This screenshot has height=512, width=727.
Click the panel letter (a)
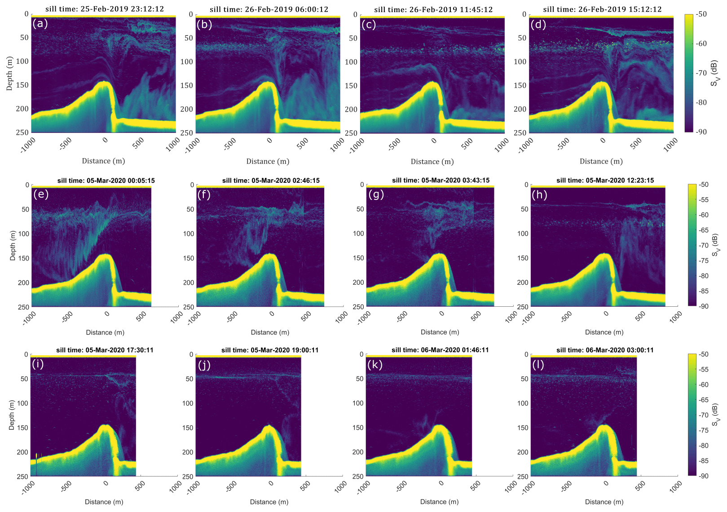coord(40,24)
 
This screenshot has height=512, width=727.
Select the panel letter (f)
coord(205,195)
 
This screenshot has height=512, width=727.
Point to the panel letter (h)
coord(539,195)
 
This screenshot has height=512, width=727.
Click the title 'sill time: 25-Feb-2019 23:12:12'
coord(105,9)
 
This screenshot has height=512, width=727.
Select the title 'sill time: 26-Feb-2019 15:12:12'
coord(602,9)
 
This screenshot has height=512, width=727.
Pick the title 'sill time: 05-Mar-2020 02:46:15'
coord(271,181)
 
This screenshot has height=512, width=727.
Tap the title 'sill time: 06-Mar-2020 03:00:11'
coord(605,350)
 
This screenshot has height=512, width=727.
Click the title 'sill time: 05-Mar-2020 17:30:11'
coord(105,350)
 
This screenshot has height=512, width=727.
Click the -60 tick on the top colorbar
coord(701,44)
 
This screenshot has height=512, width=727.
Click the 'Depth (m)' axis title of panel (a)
coord(9,74)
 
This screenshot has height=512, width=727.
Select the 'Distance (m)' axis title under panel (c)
coord(432,162)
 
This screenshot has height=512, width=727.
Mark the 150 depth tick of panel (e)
coord(23,258)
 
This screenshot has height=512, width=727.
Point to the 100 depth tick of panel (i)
coord(22,403)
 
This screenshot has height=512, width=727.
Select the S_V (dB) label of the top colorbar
coord(714,74)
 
